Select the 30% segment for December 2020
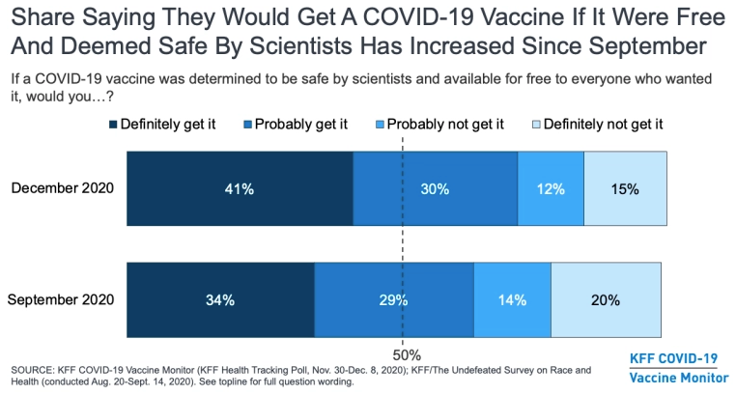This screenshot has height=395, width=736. click(x=435, y=189)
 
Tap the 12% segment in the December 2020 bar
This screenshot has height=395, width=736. click(x=551, y=189)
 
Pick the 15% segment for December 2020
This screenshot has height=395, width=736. click(x=625, y=189)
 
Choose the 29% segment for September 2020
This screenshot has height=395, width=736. click(x=394, y=300)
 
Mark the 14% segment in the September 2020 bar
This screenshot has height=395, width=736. click(x=512, y=300)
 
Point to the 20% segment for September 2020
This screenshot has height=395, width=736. click(x=606, y=300)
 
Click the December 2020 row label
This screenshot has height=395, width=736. click(x=63, y=188)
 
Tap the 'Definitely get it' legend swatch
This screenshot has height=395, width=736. click(x=114, y=125)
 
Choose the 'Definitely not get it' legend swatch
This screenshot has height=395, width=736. click(x=535, y=125)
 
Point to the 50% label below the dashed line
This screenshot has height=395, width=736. click(x=404, y=353)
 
